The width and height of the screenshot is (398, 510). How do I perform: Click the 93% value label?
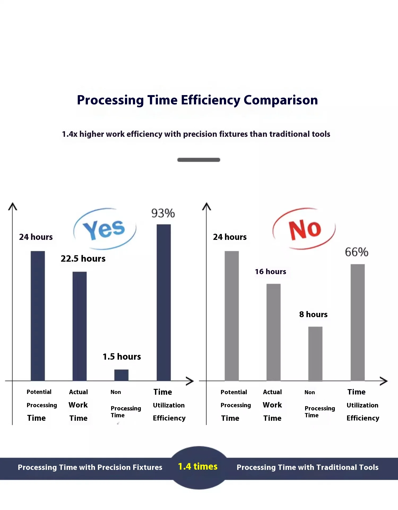[163, 213]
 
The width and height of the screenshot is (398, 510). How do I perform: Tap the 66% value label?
[357, 252]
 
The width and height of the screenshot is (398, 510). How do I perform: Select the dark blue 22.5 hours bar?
[80, 326]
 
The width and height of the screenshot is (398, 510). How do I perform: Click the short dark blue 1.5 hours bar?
[121, 375]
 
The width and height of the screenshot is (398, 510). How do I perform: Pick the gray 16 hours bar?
[273, 332]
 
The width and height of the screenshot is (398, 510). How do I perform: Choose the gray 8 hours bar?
[315, 354]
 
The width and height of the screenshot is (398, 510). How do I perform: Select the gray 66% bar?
[357, 322]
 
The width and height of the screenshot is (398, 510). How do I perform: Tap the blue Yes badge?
[105, 229]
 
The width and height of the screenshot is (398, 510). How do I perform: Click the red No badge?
[304, 229]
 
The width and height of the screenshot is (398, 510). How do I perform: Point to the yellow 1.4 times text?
[198, 467]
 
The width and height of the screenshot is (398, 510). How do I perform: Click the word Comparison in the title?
[280, 100]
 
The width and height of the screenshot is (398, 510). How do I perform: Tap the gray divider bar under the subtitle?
[199, 160]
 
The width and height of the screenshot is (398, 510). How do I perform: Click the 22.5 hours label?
[83, 259]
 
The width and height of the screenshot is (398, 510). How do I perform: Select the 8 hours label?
[313, 314]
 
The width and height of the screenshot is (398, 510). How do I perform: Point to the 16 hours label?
[271, 272]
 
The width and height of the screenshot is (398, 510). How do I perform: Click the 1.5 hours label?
[122, 357]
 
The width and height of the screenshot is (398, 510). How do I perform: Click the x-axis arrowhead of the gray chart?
[384, 381]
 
